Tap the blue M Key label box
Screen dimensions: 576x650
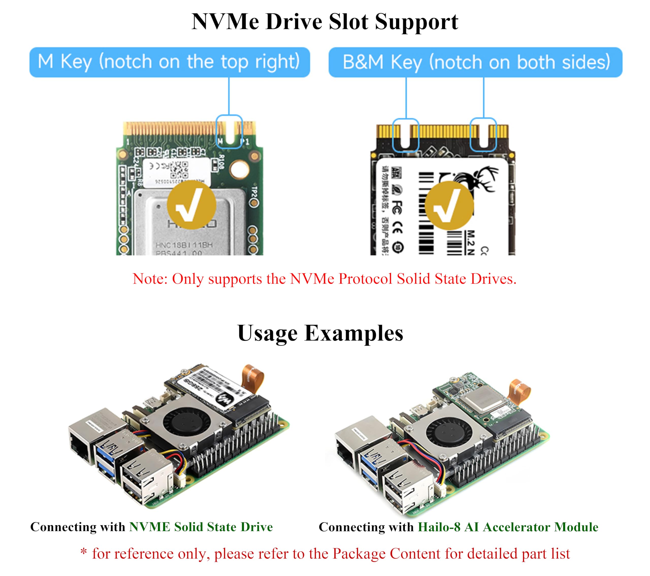[x=170, y=62]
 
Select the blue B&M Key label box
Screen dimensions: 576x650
[x=475, y=62]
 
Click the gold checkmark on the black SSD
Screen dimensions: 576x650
[x=449, y=205]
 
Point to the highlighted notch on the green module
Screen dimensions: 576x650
[x=229, y=132]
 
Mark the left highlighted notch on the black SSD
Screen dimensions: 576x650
[x=405, y=135]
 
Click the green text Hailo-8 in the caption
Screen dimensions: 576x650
[x=439, y=527]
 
